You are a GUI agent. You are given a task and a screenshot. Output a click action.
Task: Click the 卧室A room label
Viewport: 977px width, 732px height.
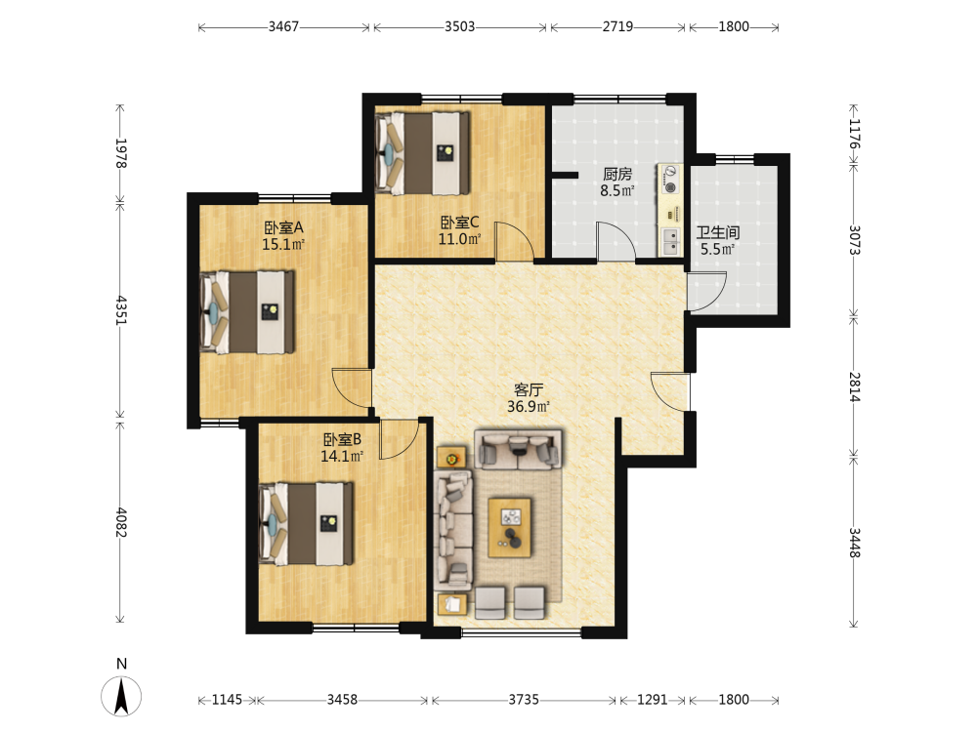283,227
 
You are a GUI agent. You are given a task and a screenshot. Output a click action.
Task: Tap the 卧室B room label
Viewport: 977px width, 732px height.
342,439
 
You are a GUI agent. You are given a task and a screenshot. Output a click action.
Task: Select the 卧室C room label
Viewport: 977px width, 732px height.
460,223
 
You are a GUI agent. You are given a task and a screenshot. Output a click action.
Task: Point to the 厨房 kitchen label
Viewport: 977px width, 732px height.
616,175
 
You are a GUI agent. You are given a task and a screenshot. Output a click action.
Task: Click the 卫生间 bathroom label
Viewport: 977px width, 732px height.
718,233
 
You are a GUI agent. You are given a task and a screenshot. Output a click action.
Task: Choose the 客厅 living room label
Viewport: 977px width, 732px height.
529,390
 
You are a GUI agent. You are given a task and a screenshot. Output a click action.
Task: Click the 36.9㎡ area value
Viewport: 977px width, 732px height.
529,407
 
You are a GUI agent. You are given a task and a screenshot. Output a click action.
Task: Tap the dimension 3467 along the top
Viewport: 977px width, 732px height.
283,26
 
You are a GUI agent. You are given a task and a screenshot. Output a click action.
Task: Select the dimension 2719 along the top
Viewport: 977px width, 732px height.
617,26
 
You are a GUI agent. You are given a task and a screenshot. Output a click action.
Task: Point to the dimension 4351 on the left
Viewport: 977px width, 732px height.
121,310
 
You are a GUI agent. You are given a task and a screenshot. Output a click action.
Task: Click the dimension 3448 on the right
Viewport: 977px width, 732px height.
854,543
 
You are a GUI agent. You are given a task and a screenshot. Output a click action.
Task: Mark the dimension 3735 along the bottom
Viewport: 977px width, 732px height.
524,700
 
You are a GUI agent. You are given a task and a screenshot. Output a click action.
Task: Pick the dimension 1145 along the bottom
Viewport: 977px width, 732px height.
227,700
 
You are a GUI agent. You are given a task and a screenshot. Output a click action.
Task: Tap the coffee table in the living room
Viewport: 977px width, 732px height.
510,527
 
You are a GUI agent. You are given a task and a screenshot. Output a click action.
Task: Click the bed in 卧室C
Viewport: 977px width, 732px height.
422,153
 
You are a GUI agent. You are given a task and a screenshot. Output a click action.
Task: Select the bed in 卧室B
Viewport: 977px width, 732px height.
306,523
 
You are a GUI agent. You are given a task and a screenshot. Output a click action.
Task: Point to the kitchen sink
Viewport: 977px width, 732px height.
670,242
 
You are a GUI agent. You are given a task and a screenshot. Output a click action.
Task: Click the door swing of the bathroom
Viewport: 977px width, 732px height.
707,291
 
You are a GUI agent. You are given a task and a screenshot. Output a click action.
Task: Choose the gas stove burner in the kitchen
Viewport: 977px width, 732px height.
671,187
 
